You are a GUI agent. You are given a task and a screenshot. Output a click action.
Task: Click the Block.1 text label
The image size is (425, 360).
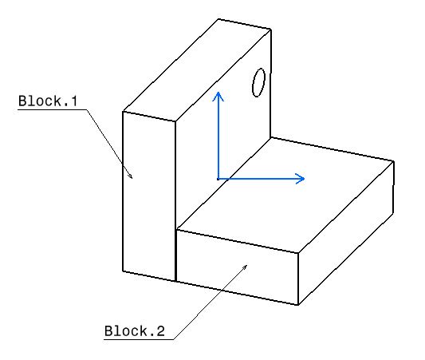(x=48, y=101)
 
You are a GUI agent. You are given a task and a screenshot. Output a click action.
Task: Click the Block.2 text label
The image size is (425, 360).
(x=135, y=331)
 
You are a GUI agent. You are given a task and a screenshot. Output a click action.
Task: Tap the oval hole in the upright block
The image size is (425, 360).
(x=258, y=82)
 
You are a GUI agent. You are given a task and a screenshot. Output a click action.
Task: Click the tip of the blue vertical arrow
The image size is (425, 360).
(x=218, y=93)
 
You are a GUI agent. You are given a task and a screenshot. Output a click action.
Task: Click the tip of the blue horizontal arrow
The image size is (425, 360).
(x=305, y=179)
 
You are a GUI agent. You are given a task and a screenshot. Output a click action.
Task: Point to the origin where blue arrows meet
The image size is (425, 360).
(x=218, y=179)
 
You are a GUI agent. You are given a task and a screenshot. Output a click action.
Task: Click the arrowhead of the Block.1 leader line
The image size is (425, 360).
(x=132, y=178)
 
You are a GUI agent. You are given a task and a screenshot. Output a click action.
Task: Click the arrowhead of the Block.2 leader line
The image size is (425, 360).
(x=247, y=265)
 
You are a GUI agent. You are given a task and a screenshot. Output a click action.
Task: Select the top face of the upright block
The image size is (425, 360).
(x=197, y=70)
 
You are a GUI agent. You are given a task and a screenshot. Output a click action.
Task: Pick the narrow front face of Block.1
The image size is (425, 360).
(x=149, y=196)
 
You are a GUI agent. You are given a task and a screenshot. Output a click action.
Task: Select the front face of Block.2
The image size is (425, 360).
(x=237, y=267)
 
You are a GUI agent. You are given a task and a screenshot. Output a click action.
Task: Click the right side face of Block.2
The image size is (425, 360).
(x=346, y=233)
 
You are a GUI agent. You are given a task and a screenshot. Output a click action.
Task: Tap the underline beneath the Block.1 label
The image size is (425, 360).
(x=53, y=109)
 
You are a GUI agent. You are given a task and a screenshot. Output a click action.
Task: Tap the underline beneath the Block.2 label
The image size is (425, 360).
(x=139, y=339)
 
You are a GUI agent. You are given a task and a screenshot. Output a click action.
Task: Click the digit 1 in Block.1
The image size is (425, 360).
(x=73, y=101)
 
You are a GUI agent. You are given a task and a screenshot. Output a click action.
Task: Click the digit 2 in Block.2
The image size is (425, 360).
(x=160, y=331)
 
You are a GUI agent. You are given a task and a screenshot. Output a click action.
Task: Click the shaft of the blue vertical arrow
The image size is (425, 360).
(x=218, y=136)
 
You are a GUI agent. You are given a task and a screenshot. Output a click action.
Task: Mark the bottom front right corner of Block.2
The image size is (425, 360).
(x=298, y=305)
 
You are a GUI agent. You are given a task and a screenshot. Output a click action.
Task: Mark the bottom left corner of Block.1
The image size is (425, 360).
(x=123, y=271)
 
